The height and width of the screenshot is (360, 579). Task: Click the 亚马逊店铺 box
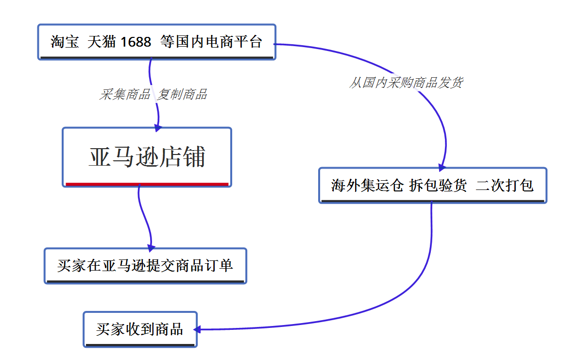(147, 156)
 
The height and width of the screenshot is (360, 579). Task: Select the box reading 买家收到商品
(140, 329)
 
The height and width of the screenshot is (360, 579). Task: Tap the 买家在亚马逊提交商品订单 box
(145, 265)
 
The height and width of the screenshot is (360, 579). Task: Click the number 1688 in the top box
(136, 42)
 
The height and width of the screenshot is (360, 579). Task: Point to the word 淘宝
(65, 42)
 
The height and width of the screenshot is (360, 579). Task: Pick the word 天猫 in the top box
(102, 42)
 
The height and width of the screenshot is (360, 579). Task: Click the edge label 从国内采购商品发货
(406, 83)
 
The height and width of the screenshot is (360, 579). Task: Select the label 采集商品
(125, 94)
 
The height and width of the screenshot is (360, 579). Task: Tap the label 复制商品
(182, 94)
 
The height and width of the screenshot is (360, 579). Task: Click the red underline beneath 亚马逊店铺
(147, 184)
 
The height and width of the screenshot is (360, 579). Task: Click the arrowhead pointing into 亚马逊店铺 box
(158, 128)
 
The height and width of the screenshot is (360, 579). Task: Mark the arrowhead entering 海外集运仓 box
(442, 167)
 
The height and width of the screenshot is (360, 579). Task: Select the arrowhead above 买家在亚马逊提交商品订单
(151, 247)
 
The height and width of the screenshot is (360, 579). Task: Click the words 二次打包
(505, 185)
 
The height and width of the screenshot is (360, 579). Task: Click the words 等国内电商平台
(211, 42)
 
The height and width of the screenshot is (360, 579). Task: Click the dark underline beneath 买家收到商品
(140, 345)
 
